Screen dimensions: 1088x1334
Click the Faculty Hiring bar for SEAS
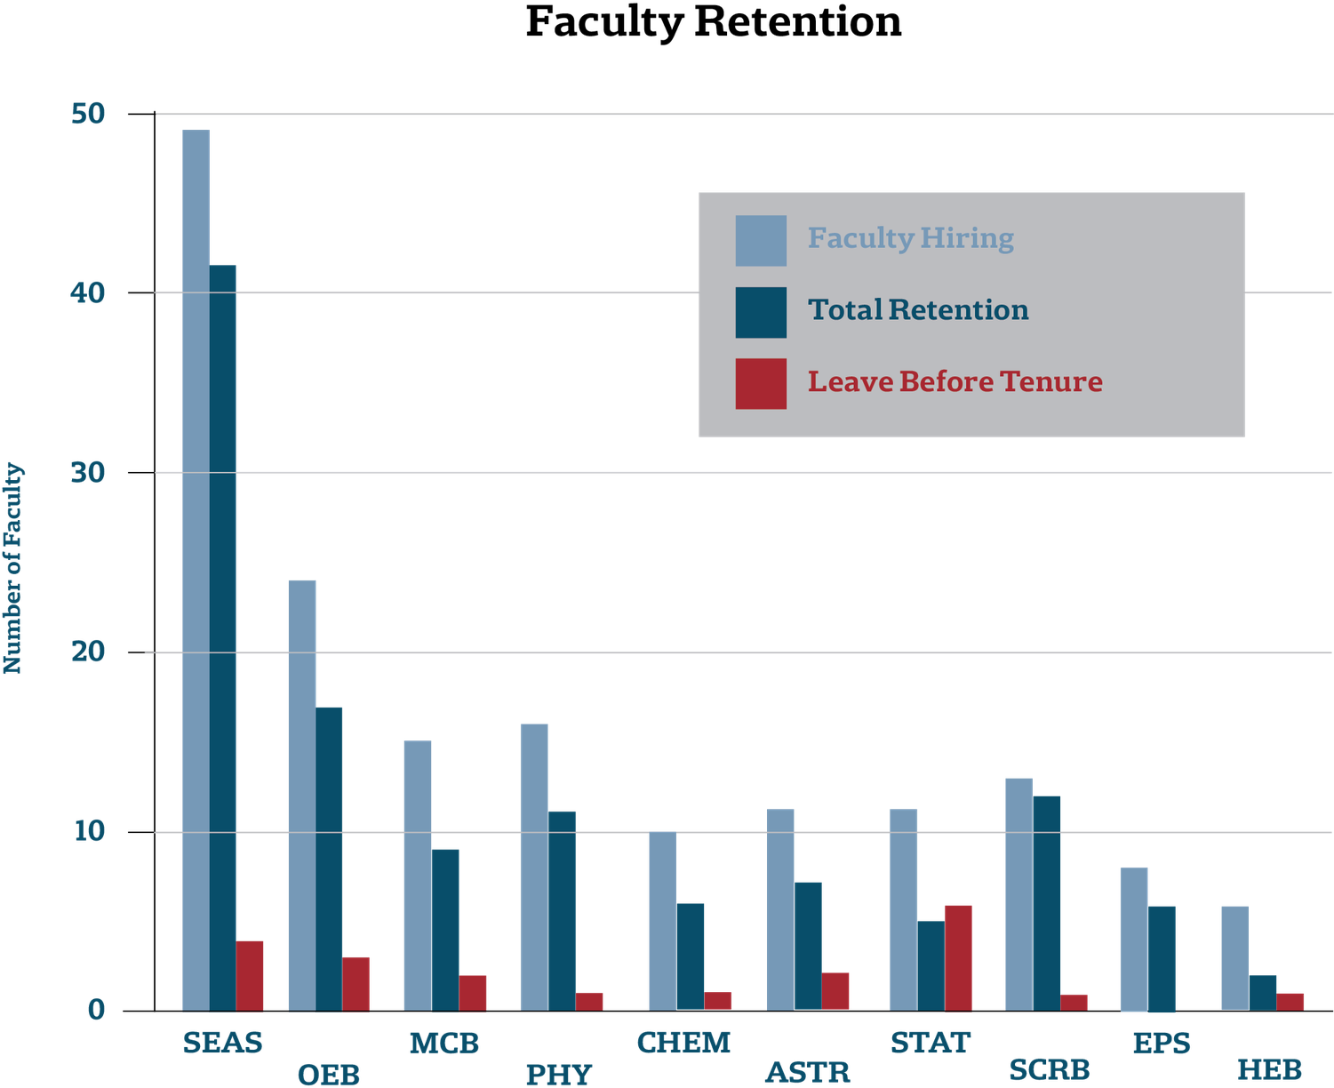click(x=196, y=569)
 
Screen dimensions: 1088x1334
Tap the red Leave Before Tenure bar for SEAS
click(x=251, y=974)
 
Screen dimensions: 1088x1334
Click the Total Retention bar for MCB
click(x=446, y=929)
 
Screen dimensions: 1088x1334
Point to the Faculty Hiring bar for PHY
click(x=533, y=866)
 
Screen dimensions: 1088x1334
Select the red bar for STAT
click(x=958, y=956)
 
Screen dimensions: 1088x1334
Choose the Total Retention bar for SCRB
click(x=1047, y=902)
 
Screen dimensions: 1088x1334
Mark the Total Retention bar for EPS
click(x=1162, y=957)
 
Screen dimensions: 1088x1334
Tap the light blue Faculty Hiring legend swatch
click(x=761, y=240)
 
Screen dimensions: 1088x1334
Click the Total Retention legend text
click(x=918, y=310)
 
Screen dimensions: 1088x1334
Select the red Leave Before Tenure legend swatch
click(x=761, y=383)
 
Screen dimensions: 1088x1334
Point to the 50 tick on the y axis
click(x=88, y=114)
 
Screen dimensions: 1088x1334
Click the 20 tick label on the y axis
click(x=88, y=652)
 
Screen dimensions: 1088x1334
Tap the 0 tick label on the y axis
click(x=96, y=1010)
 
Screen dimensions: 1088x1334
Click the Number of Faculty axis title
click(x=13, y=568)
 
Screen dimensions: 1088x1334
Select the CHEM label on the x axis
click(x=683, y=1042)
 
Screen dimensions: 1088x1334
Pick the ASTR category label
click(x=807, y=1072)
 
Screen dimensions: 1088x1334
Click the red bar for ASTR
click(x=835, y=990)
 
